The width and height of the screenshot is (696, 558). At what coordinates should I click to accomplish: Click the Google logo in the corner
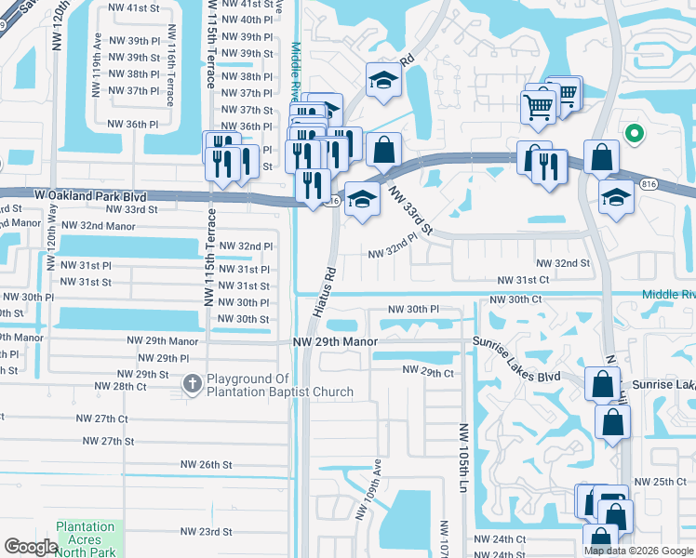click(32, 547)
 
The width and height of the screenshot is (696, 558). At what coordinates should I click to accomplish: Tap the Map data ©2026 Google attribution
click(638, 551)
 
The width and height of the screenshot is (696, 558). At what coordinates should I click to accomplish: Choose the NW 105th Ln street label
click(462, 458)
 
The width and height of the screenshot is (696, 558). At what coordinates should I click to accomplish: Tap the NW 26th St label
click(206, 464)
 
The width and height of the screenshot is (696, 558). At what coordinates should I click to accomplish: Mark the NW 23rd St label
click(206, 532)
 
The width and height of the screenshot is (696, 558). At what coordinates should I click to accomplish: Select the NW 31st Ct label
click(524, 280)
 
